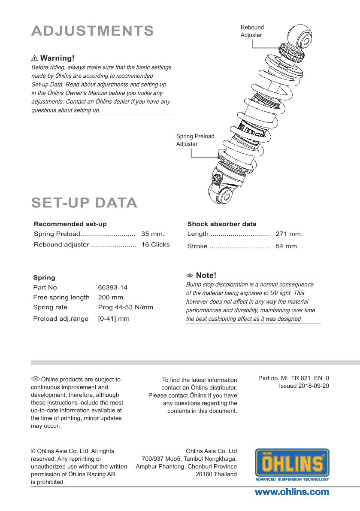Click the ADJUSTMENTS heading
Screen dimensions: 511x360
click(x=93, y=31)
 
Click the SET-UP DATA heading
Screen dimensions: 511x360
click(x=85, y=203)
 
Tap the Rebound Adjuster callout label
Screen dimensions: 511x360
click(x=252, y=31)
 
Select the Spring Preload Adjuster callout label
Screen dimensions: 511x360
click(x=195, y=140)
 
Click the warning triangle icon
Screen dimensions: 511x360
click(x=35, y=58)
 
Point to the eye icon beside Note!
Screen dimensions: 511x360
click(x=190, y=275)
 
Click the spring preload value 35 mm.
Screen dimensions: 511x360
click(x=153, y=234)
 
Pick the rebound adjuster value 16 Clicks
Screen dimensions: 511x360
click(x=155, y=244)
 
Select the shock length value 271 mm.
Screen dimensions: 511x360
click(x=289, y=234)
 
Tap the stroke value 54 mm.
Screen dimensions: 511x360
click(x=287, y=246)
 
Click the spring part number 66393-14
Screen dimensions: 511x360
click(x=113, y=287)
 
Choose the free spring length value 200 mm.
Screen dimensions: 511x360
click(x=112, y=297)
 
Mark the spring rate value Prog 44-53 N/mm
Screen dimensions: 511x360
click(x=125, y=307)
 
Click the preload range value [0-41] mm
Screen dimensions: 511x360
click(x=114, y=319)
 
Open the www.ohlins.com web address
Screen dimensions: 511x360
click(x=292, y=492)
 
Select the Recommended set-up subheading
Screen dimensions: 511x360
click(x=70, y=224)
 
